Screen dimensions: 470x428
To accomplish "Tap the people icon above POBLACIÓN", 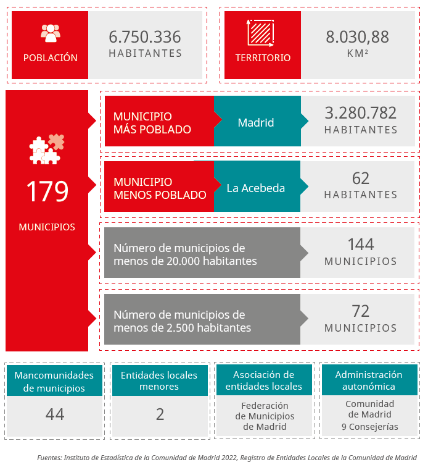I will [x=51, y=33].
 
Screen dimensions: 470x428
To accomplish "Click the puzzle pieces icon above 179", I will [x=47, y=149].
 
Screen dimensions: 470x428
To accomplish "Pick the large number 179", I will [x=47, y=191].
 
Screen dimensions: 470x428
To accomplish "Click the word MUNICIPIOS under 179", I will [x=47, y=227].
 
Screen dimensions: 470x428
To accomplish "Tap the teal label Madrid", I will [x=256, y=122].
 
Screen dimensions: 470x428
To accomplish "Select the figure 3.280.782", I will [x=361, y=113].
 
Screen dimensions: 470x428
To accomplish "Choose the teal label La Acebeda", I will [x=256, y=188].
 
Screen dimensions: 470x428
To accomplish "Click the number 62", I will [x=361, y=178].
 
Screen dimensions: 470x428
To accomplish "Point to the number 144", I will [x=361, y=244].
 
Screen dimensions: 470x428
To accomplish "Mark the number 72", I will [x=361, y=311].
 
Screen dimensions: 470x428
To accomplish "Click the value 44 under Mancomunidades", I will [x=55, y=414].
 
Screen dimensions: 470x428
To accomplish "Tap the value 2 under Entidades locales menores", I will [x=160, y=414].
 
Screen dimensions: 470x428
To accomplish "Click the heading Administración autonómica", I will [x=369, y=380].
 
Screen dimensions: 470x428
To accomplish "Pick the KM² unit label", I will [x=358, y=54].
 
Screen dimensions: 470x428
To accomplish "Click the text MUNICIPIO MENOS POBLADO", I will [x=160, y=188].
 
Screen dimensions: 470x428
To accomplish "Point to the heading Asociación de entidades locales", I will [x=264, y=380].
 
